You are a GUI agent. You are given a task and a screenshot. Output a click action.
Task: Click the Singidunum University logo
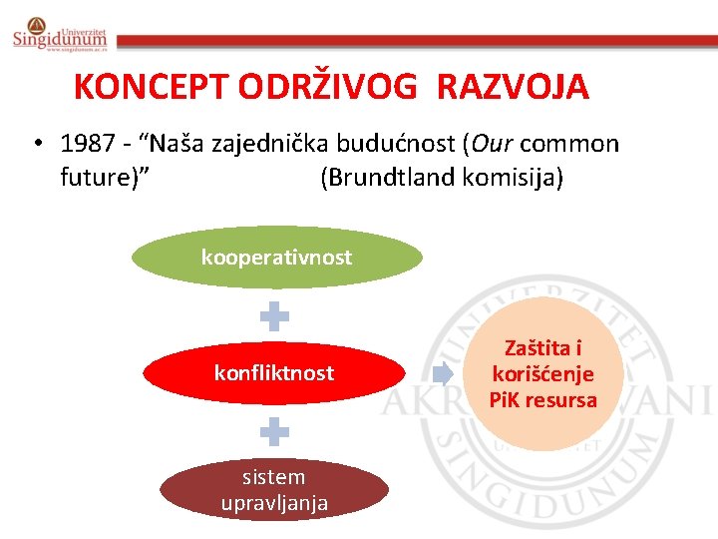tap(59, 34)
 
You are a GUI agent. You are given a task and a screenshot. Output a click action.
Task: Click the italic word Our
tap(490, 144)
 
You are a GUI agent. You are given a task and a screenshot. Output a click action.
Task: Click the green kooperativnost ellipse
tap(276, 258)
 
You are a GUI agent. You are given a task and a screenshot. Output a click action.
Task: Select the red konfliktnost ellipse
tap(274, 373)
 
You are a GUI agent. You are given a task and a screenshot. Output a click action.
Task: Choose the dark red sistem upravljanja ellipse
tap(274, 489)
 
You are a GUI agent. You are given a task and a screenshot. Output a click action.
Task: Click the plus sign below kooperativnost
tap(274, 317)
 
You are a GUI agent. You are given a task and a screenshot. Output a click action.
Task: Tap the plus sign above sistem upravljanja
tap(274, 432)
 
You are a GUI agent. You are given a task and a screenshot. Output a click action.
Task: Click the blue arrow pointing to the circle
tap(442, 374)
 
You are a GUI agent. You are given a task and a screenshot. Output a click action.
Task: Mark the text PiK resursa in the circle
tap(543, 400)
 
